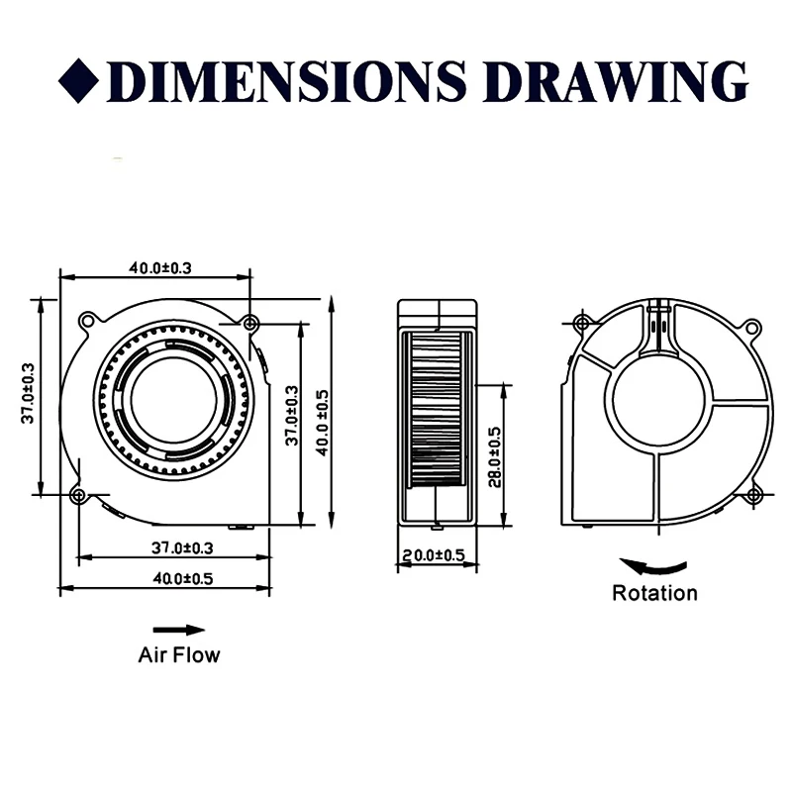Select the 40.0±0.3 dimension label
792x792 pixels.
click(159, 267)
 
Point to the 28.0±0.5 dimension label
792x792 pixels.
click(495, 455)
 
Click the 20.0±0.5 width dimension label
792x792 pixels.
click(432, 555)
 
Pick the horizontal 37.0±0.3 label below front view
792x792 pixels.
click(182, 546)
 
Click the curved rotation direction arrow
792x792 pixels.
click(652, 566)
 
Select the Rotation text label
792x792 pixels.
click(654, 594)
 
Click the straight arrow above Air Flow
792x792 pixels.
click(178, 630)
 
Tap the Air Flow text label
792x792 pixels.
click(178, 654)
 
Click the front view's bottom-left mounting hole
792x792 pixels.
click(78, 494)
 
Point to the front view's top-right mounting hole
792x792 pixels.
click(250, 323)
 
